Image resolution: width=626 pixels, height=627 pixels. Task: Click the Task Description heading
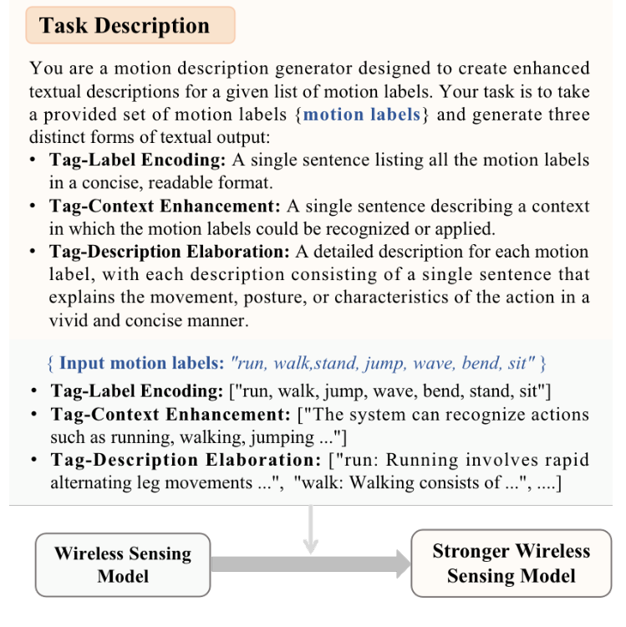coord(125,25)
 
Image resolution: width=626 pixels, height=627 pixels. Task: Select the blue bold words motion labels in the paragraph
coord(361,114)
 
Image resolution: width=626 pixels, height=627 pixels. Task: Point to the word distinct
coord(58,136)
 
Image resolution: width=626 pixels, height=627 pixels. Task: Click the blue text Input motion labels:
coord(141,364)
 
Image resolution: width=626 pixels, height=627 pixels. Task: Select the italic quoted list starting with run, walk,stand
coord(382,364)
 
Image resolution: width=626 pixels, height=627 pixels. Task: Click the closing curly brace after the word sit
coord(542,364)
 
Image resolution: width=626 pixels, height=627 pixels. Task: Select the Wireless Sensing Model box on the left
coord(123,565)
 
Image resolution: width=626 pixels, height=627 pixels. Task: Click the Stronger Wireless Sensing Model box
coord(511,563)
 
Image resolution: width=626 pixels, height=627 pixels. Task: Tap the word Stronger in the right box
coord(472,551)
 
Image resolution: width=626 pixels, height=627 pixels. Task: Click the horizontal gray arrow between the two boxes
coord(310,565)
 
